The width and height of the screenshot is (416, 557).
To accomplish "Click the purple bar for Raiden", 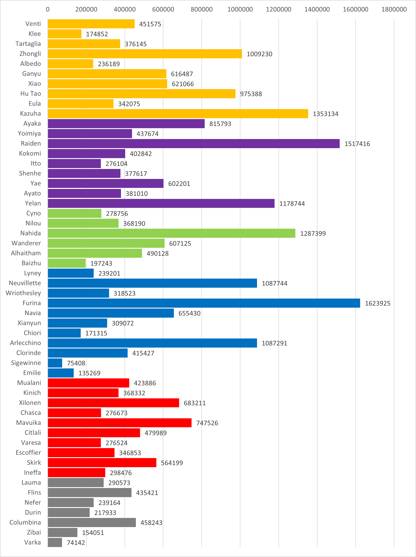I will (x=193, y=144).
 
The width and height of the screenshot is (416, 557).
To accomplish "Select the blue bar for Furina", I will (x=204, y=303).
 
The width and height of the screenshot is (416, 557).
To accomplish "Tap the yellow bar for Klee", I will (x=64, y=34).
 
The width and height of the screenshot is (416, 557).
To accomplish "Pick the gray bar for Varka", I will (x=55, y=542).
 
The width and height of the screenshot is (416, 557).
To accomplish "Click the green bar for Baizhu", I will (x=67, y=263).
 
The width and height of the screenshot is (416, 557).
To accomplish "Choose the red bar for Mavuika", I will (x=120, y=423).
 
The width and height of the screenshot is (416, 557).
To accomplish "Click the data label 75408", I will (x=76, y=363).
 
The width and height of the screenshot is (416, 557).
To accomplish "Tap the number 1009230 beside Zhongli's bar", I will (x=259, y=54).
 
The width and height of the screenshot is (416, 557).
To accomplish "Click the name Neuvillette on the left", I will (x=25, y=283).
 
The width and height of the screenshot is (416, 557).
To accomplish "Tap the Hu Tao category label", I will (x=30, y=94).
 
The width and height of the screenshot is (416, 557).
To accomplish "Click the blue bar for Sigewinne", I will (x=55, y=363).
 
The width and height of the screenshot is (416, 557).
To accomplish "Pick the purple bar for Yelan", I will (x=161, y=203).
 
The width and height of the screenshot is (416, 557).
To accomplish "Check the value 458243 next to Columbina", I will (x=151, y=523).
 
